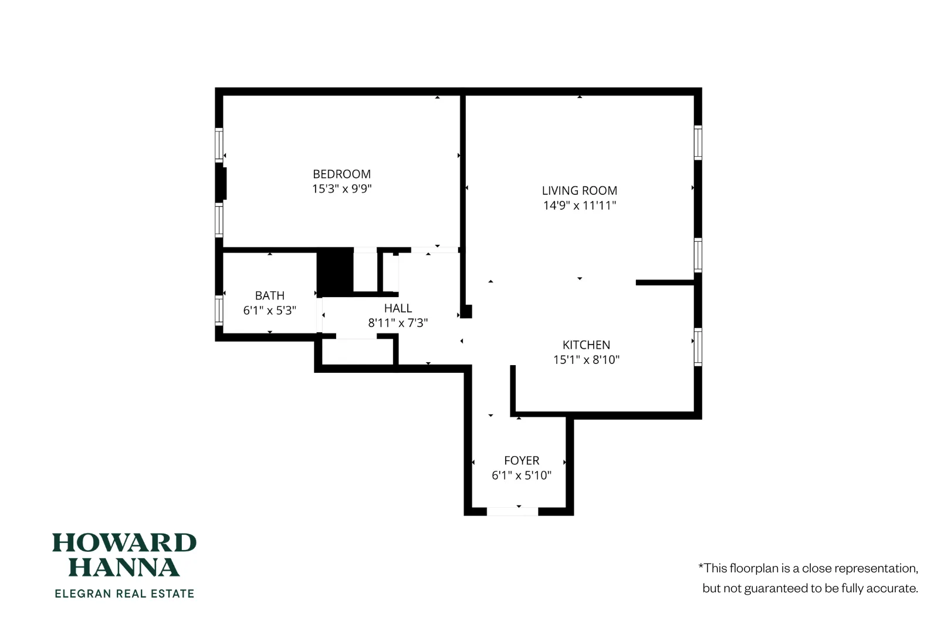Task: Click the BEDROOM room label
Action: click(341, 174)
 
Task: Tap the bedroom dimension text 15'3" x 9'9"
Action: click(341, 188)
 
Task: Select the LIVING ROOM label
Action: click(579, 190)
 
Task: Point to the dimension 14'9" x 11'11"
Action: click(579, 205)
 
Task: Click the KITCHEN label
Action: click(586, 345)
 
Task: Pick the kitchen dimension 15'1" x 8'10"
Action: click(586, 360)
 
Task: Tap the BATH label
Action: click(269, 295)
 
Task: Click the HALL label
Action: click(398, 308)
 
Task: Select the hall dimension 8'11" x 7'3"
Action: click(398, 323)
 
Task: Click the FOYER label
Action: click(521, 460)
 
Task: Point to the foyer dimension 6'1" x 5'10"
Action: click(521, 475)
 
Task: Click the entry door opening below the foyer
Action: click(512, 512)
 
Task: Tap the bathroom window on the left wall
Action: click(219, 309)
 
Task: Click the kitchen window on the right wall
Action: click(698, 347)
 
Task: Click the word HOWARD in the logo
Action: click(124, 543)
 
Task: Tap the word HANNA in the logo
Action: click(124, 568)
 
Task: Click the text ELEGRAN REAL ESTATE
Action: click(124, 593)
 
